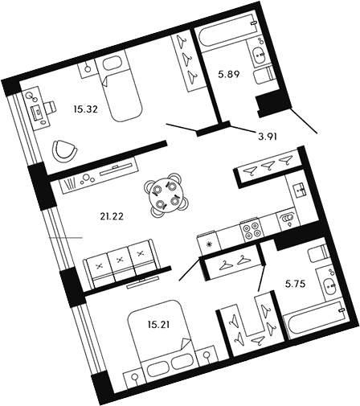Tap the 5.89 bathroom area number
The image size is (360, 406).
pos(230,78)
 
